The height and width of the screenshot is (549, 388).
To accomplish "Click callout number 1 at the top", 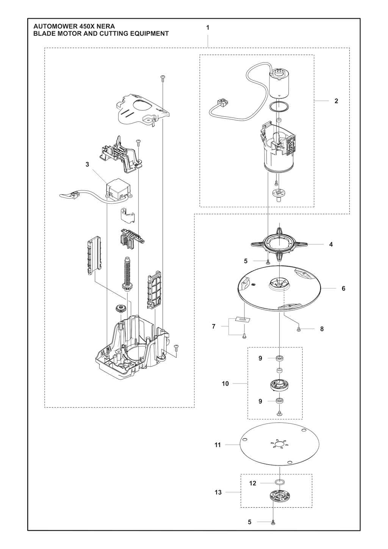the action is (208, 28).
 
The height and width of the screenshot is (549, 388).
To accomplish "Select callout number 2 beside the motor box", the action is (336, 101).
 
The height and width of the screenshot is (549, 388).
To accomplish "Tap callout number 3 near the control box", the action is (88, 165).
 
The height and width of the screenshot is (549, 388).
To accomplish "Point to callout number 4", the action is (331, 244).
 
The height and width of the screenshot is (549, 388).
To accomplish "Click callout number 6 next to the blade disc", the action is (343, 289).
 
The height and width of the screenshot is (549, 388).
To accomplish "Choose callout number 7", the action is (214, 326).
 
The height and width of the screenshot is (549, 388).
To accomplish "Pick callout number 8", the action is (322, 329).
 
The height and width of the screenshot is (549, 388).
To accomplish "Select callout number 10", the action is (225, 384).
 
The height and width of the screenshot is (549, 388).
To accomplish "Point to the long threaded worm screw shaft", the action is (128, 274).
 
